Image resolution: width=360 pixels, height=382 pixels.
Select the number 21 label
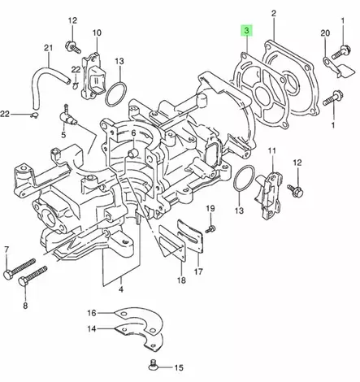tap(47, 48)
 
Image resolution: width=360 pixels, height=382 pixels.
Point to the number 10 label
tap(97, 33)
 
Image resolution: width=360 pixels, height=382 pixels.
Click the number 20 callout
tap(326, 33)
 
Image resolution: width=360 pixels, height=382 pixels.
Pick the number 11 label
tap(272, 151)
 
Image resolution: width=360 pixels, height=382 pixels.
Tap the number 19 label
tap(210, 210)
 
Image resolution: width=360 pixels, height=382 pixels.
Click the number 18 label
tap(180, 280)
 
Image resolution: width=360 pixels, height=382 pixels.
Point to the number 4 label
tap(120, 289)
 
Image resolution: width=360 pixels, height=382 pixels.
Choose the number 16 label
tap(92, 313)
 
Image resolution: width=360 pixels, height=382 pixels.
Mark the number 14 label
tap(92, 329)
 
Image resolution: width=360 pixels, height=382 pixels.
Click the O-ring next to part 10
tap(116, 93)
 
